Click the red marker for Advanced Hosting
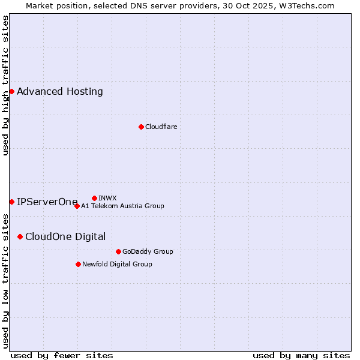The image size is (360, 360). point(11,91)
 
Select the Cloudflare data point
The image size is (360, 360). point(141,127)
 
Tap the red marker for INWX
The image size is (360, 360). point(94,198)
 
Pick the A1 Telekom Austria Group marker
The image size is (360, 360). point(77,206)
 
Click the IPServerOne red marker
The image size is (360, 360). point(11,202)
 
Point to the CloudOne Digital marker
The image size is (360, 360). point(20,236)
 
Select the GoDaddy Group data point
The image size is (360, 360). point(118,251)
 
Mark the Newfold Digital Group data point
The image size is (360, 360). point(78,264)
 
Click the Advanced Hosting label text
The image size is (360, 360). point(60,92)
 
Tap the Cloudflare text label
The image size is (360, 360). point(161,127)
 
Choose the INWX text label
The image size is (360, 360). point(107,198)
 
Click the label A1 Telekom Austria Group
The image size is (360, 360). point(122,206)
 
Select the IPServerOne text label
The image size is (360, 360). point(47,202)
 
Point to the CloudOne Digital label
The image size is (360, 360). point(65,237)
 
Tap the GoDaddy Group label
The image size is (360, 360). point(148,251)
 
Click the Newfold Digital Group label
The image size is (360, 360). point(117,264)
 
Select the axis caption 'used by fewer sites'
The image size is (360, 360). point(62,355)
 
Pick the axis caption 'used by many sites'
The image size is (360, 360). point(301,355)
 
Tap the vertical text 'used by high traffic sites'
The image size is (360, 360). point(5,85)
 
